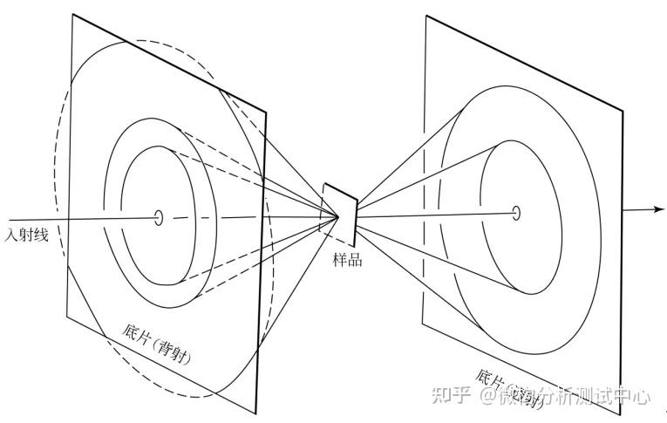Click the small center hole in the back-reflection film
[159, 217]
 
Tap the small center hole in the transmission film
[516, 212]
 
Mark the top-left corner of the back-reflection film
[71, 15]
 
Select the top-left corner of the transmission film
[426, 16]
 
